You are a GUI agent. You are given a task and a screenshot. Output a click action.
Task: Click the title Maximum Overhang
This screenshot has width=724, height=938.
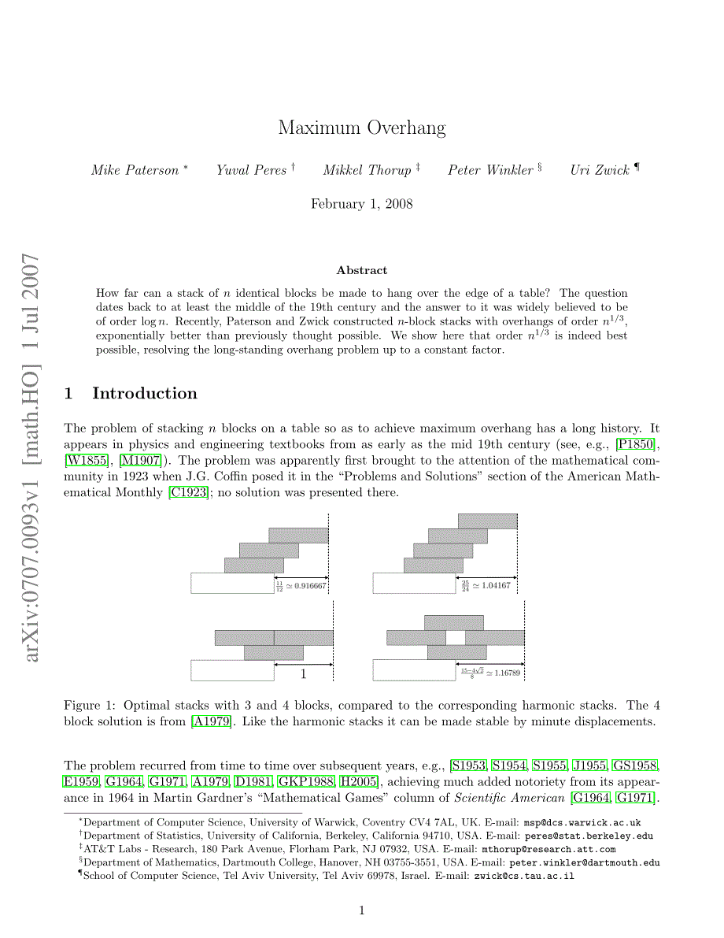pyautogui.click(x=361, y=128)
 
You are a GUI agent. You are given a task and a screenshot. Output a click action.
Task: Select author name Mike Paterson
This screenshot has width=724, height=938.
pyautogui.click(x=135, y=170)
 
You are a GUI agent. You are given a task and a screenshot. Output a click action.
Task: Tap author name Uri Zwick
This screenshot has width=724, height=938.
pyautogui.click(x=600, y=170)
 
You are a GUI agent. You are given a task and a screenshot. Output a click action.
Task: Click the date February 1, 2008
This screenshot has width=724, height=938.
pyautogui.click(x=361, y=204)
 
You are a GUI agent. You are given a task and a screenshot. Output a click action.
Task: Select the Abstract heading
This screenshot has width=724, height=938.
pyautogui.click(x=361, y=270)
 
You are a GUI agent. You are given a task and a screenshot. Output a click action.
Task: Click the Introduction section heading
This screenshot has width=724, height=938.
pyautogui.click(x=145, y=393)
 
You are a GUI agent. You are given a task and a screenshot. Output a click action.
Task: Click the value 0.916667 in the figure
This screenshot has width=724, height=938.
pyautogui.click(x=310, y=585)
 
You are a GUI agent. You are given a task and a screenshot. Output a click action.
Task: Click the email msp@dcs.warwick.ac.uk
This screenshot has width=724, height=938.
pyautogui.click(x=582, y=822)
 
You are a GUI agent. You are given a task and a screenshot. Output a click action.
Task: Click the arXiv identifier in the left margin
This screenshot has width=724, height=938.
pyautogui.click(x=31, y=457)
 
